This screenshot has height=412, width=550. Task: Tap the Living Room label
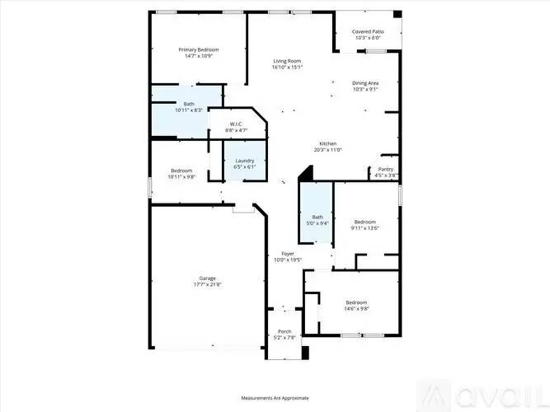(288, 61)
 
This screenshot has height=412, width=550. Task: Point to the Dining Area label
(365, 83)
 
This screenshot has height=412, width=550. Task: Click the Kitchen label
(327, 143)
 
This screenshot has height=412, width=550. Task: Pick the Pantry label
(386, 170)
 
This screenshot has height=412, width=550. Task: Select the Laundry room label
(244, 161)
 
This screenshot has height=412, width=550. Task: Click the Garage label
(207, 278)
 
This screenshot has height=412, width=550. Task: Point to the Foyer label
(288, 254)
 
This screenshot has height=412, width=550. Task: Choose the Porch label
(284, 331)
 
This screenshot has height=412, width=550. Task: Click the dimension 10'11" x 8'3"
(189, 110)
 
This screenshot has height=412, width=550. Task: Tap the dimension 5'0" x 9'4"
(317, 223)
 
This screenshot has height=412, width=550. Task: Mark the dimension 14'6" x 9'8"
(357, 308)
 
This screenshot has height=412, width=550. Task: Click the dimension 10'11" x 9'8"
(181, 177)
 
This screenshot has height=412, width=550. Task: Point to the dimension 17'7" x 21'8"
(207, 284)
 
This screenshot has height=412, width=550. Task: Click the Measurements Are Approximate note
(275, 398)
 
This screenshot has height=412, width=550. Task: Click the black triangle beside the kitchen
(306, 174)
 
